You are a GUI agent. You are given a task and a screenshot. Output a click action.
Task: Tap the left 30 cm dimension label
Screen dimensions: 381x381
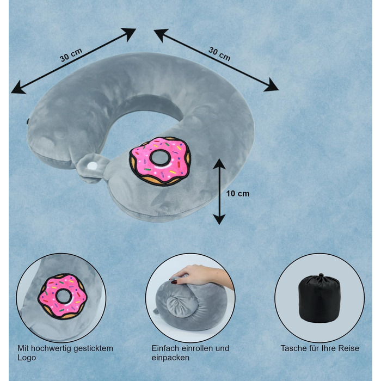point(71,56)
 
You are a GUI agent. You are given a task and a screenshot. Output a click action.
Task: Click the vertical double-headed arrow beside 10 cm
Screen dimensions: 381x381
point(219,191)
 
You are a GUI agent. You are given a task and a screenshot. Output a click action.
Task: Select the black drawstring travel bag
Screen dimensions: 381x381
point(319,299)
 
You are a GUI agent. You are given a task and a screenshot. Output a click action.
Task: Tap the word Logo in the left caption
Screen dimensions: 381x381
point(26,358)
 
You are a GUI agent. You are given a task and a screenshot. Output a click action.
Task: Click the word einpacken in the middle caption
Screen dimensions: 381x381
point(170,358)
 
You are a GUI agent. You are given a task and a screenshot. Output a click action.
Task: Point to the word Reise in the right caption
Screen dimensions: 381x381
point(349,348)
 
